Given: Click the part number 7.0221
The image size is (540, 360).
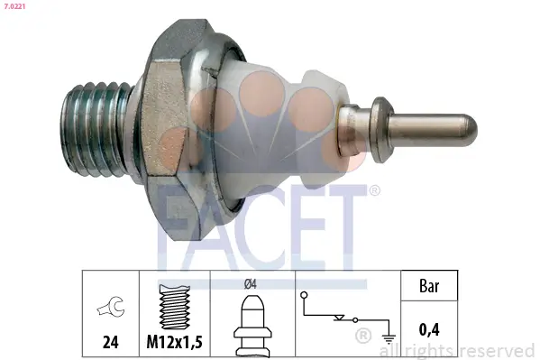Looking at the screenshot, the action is [x=15, y=6].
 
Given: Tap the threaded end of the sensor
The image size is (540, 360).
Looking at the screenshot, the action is [x=96, y=130].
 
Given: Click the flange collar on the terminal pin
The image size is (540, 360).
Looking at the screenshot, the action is [x=381, y=130].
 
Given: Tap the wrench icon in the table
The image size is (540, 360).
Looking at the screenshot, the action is [x=111, y=306].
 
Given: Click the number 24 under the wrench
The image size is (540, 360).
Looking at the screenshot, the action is [x=111, y=342].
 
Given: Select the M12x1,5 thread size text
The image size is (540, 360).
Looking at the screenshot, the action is [x=174, y=342].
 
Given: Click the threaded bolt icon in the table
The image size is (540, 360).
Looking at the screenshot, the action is [x=175, y=307].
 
